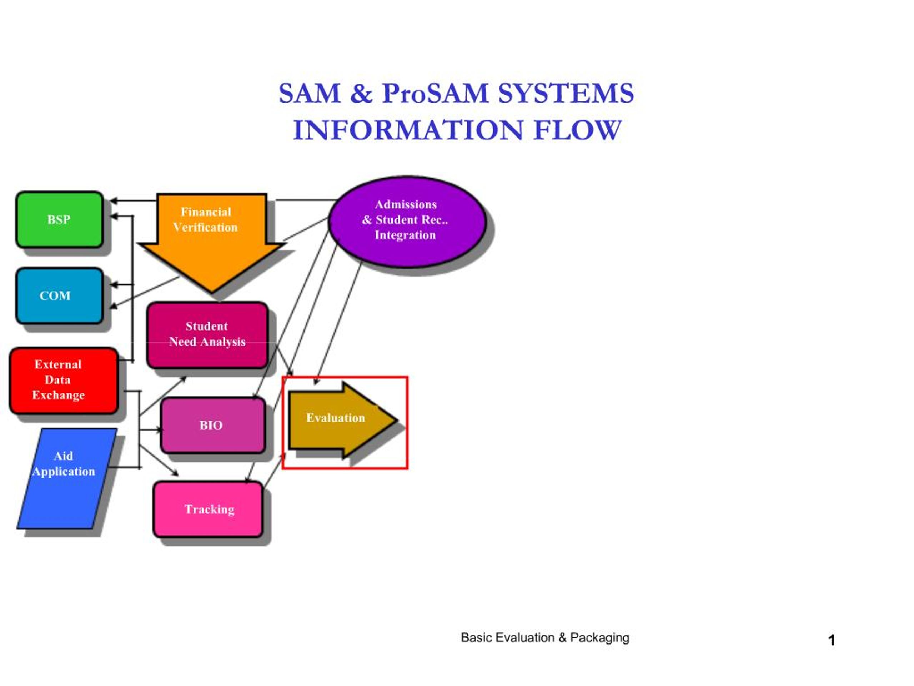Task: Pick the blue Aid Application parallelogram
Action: click(67, 478)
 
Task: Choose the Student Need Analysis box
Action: click(207, 335)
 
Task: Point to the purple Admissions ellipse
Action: click(407, 222)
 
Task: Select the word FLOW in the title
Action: click(577, 130)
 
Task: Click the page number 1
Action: click(832, 641)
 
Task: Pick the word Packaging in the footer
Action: click(599, 638)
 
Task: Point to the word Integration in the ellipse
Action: click(405, 235)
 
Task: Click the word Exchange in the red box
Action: click(58, 395)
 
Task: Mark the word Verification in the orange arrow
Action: click(205, 228)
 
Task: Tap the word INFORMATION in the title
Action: click(408, 130)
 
